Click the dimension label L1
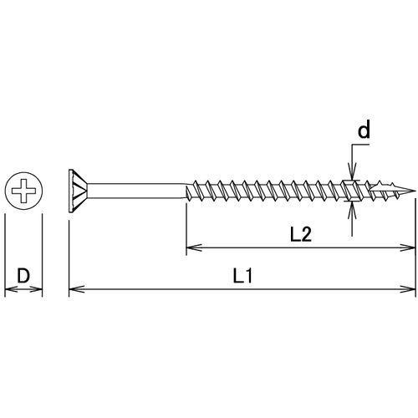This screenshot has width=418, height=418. tap(242, 277)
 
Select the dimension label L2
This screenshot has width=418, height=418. tap(301, 235)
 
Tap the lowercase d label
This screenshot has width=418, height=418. tap(364, 130)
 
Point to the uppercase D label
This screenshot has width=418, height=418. tap(23, 276)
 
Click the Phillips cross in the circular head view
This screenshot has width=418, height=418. tap(23, 191)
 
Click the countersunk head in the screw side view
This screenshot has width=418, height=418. tap(78, 191)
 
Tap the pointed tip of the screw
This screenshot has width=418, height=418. tap(415, 191)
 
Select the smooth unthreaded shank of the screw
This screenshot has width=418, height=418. tap(136, 191)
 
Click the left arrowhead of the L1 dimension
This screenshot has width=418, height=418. tap(76, 289)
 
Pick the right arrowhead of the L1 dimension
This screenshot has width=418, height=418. tap(408, 289)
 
